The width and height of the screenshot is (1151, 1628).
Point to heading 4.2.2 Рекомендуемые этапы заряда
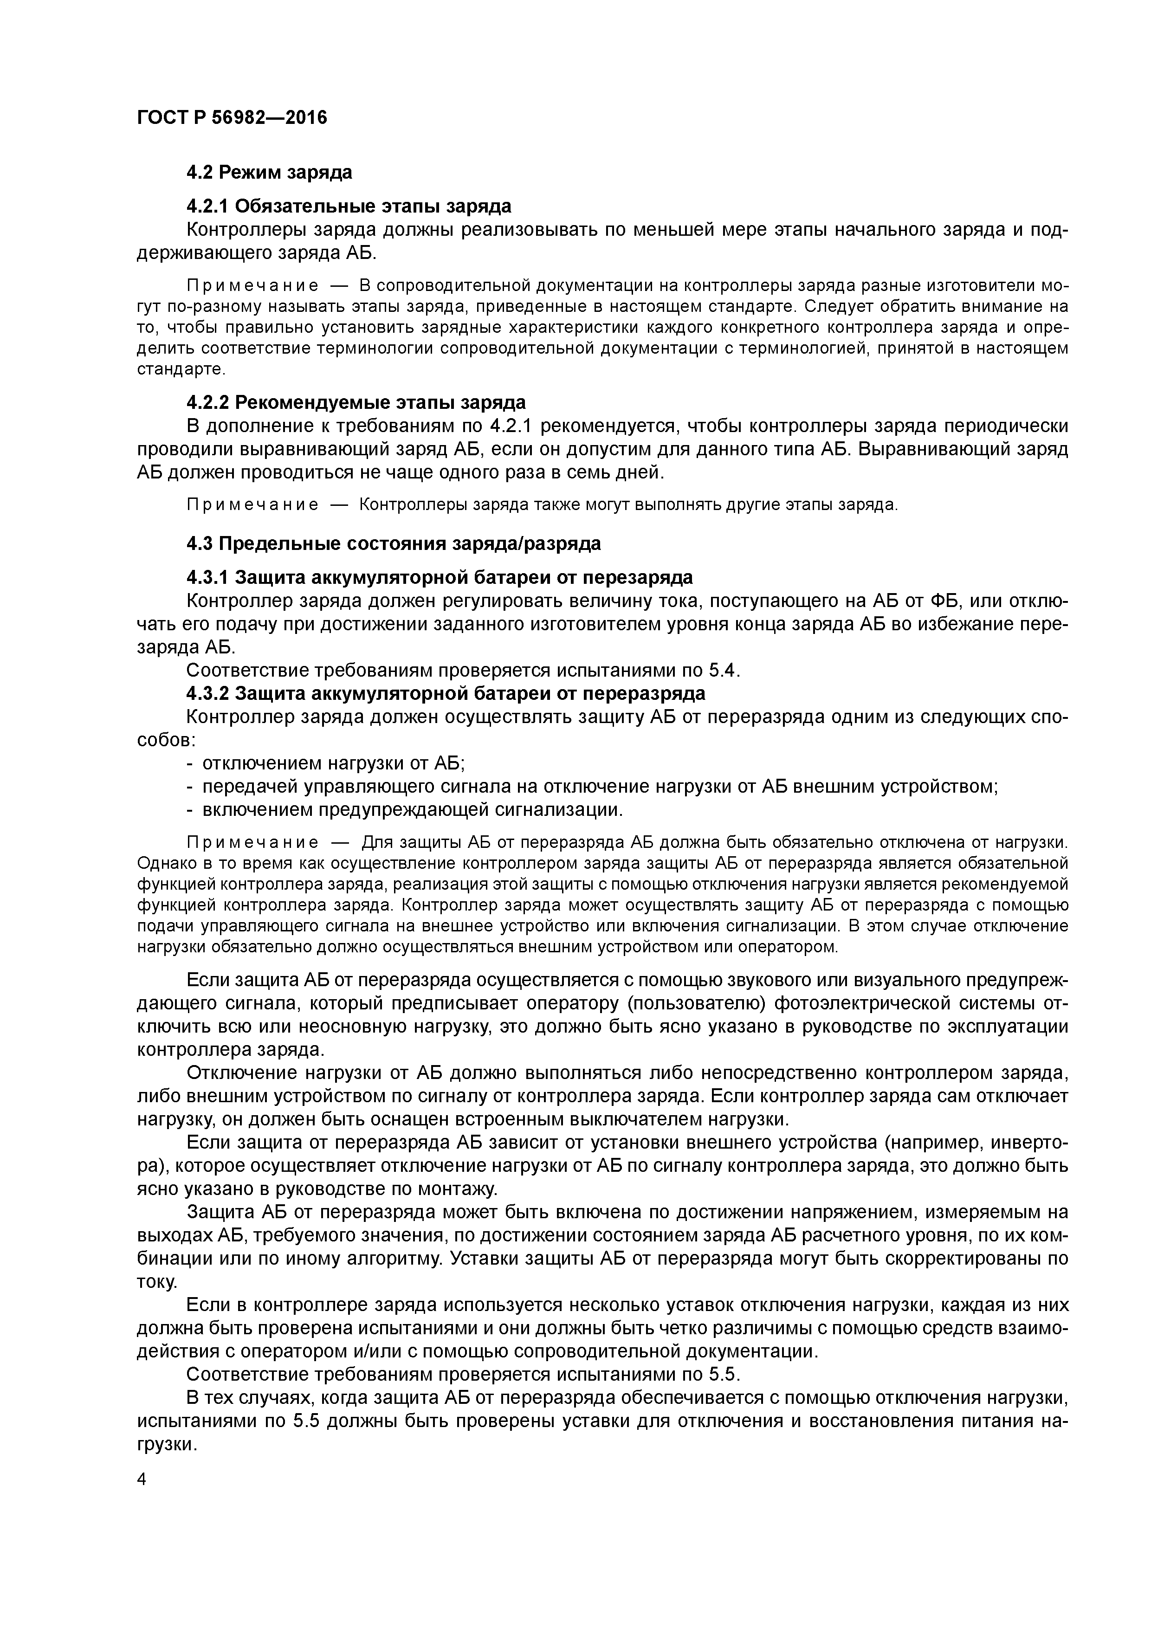tap(356, 403)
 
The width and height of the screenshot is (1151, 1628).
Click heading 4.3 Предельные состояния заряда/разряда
tap(393, 544)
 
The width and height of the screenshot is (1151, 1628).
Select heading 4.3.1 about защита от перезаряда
tap(439, 578)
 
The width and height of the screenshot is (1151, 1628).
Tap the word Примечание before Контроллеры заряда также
tap(252, 505)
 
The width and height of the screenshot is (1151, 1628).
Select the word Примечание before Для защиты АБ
tap(252, 842)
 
